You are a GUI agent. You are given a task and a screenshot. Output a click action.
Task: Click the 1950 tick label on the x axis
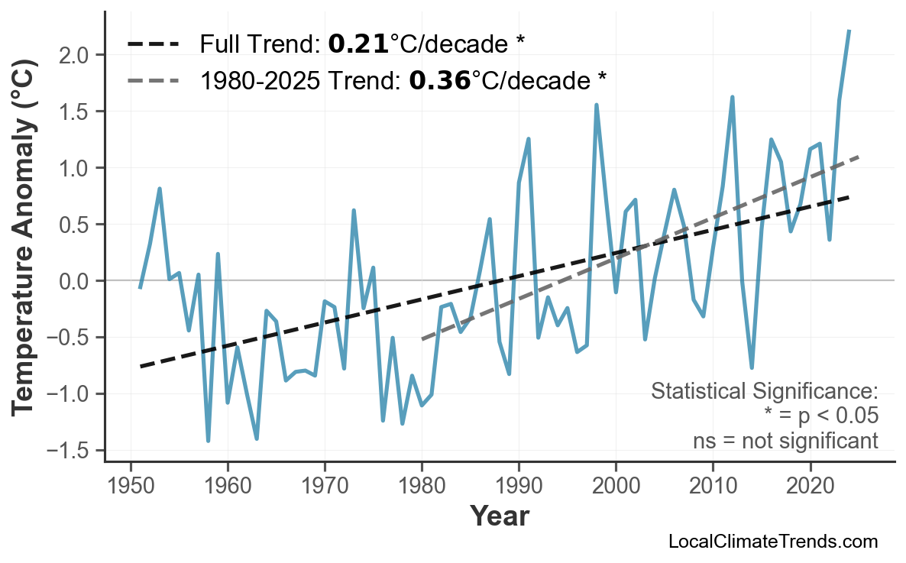(x=131, y=486)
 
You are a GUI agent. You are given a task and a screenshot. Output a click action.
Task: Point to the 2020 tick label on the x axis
(x=810, y=486)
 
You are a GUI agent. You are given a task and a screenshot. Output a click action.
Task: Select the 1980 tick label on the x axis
(x=422, y=486)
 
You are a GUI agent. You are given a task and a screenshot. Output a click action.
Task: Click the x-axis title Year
(x=499, y=516)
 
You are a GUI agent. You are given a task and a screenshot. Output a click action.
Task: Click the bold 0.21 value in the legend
(x=358, y=44)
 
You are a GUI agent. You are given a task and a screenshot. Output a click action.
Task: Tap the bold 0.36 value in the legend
(x=439, y=79)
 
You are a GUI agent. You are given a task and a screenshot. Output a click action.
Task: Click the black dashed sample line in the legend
(x=154, y=44)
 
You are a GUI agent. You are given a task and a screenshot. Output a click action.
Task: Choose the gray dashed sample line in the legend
(x=154, y=79)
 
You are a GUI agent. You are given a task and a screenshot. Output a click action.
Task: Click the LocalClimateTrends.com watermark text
(x=772, y=542)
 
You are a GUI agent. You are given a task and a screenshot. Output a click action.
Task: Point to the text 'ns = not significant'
(x=785, y=441)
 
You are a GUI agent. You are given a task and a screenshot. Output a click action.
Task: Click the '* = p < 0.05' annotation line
(x=820, y=416)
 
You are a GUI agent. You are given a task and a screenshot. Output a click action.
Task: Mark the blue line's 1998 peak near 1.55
(x=597, y=105)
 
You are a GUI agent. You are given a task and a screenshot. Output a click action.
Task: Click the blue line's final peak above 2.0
(x=849, y=31)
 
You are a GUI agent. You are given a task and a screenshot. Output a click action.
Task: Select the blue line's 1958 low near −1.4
(x=208, y=441)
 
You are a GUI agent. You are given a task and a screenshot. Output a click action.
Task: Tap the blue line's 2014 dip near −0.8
(x=752, y=368)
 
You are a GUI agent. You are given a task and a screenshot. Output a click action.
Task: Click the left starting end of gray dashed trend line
(x=422, y=338)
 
